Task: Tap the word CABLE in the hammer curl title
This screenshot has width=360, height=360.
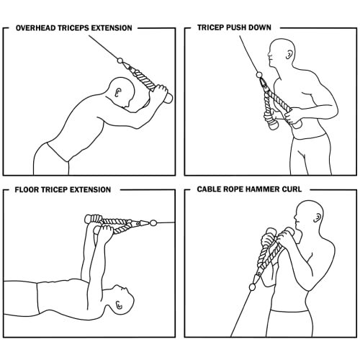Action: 211,190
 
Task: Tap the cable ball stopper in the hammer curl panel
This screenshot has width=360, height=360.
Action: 251,287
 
